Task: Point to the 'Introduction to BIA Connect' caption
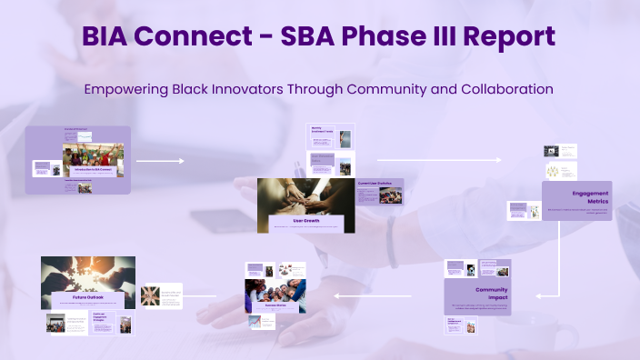93,170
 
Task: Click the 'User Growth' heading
305,221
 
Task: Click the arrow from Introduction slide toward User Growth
160,161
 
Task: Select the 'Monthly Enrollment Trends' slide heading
320,131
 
